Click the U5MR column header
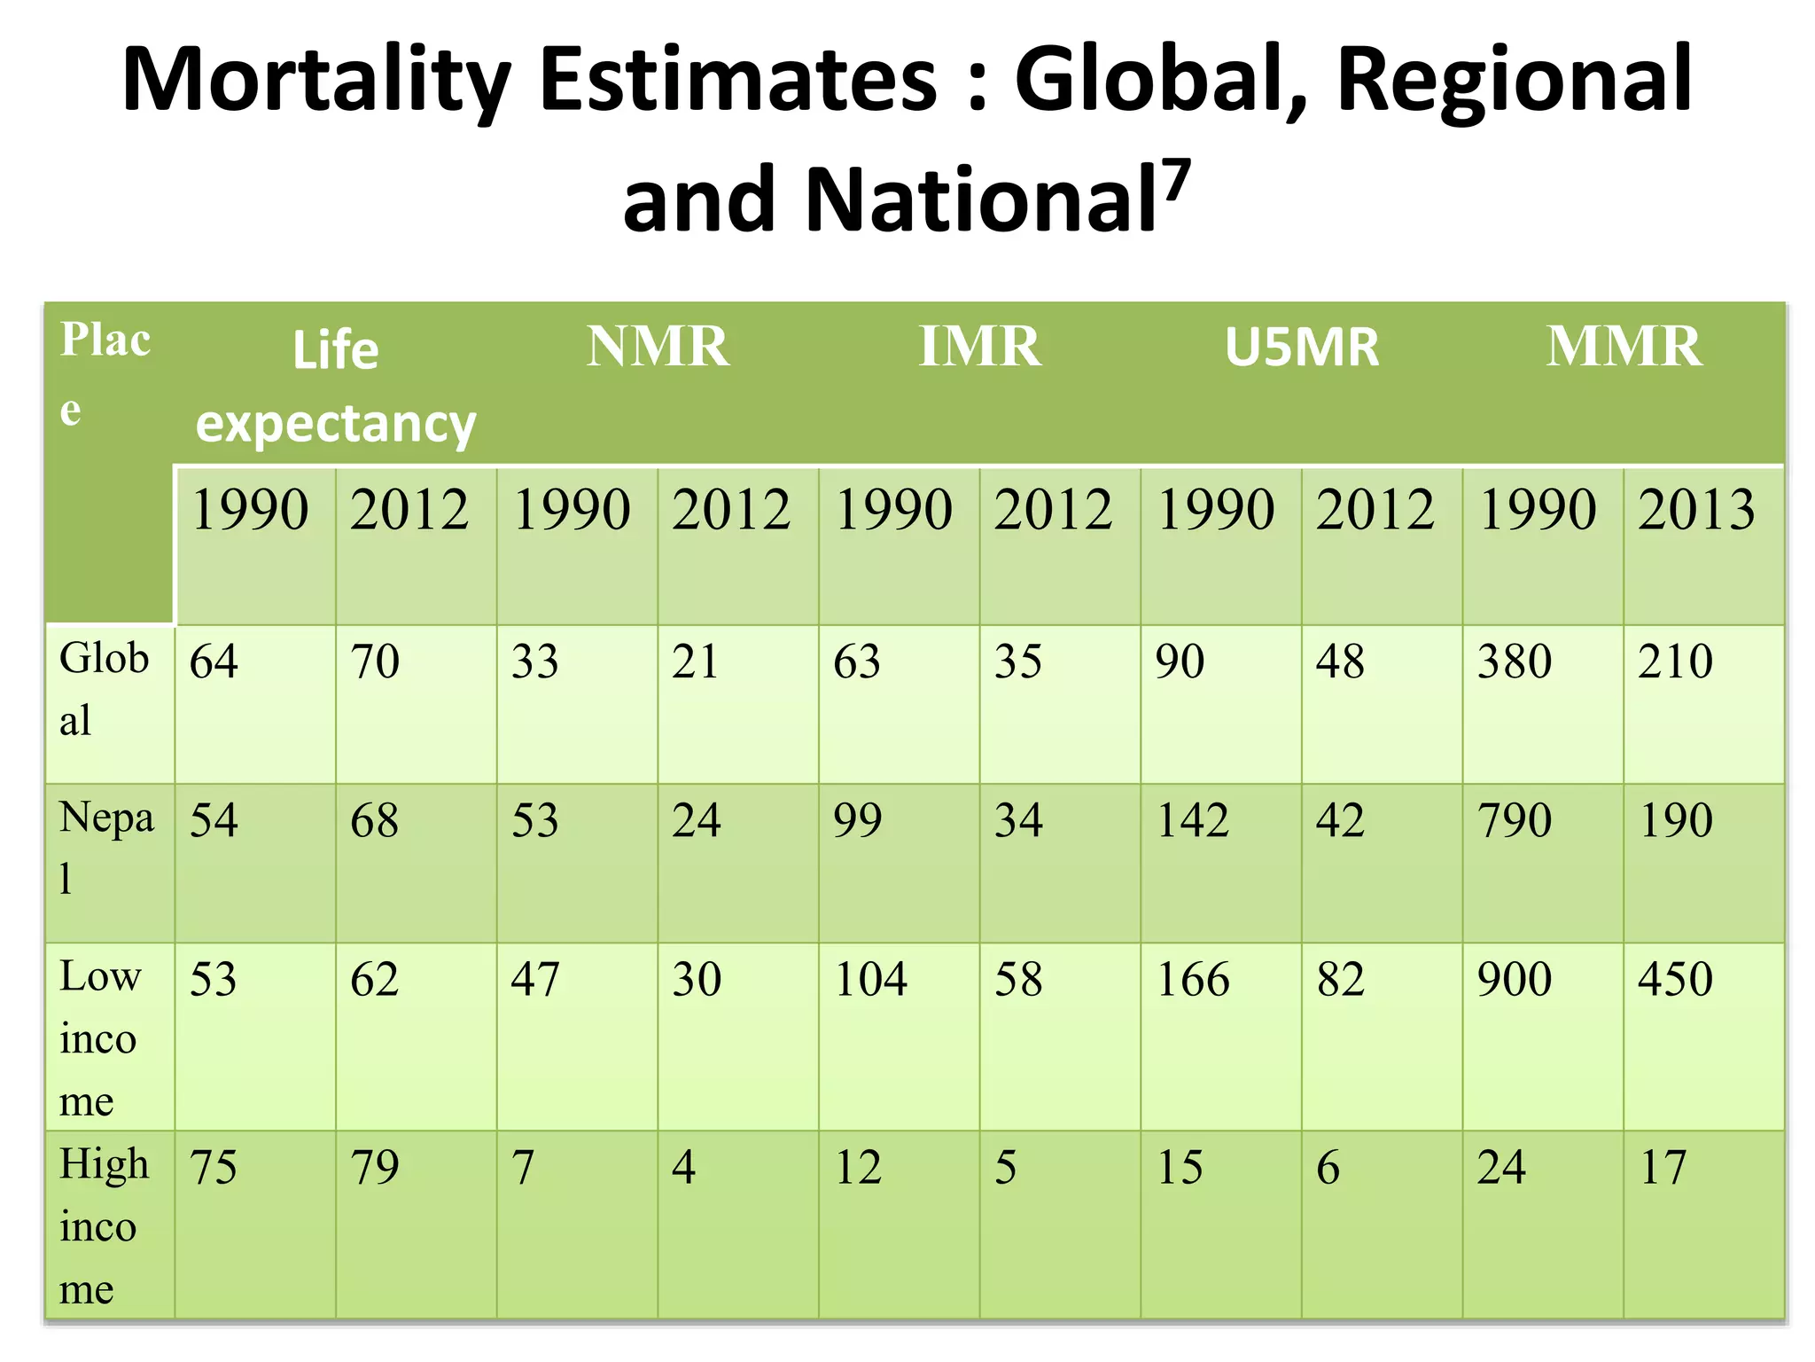tap(1302, 347)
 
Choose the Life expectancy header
tap(335, 387)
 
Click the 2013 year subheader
tap(1696, 510)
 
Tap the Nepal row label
tap(105, 847)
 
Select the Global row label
tap(104, 688)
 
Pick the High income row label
tap(103, 1225)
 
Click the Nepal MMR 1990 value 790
tap(1515, 820)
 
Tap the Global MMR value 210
tap(1675, 661)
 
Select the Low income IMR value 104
tap(871, 980)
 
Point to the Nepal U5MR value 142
tap(1193, 820)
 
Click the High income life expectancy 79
tap(375, 1167)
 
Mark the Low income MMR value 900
tap(1515, 980)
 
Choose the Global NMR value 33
tap(535, 661)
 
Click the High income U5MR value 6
tap(1328, 1167)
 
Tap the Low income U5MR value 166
tap(1193, 980)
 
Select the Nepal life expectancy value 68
tap(375, 820)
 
